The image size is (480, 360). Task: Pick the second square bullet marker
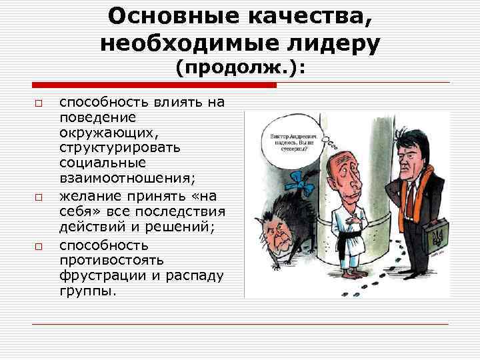click(x=39, y=198)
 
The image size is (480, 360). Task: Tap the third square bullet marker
click(x=39, y=246)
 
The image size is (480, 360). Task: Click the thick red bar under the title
click(x=154, y=85)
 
